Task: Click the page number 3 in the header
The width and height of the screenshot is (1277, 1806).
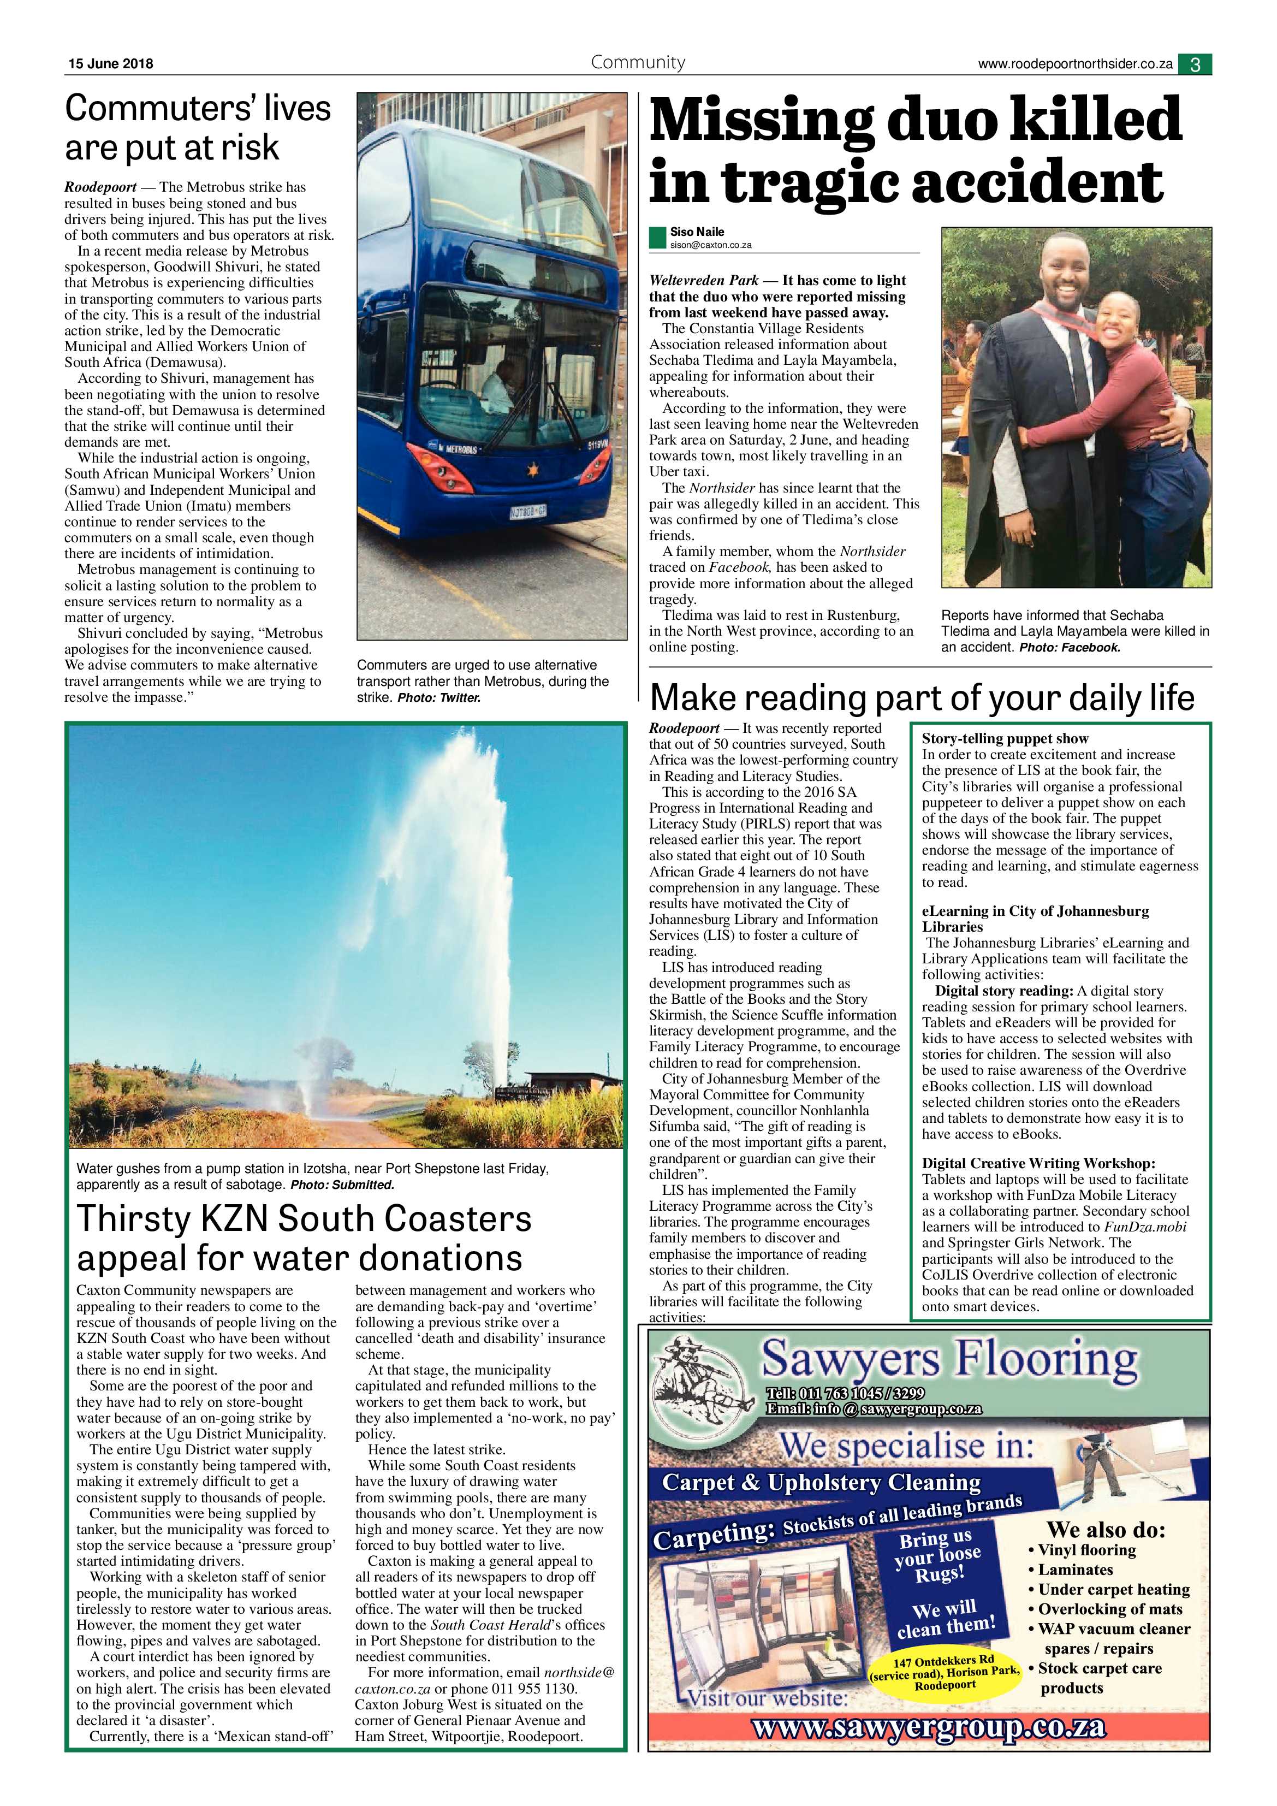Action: [1195, 64]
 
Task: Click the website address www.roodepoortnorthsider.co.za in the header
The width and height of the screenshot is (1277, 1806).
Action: [1075, 64]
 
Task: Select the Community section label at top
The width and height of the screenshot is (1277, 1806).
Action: [638, 62]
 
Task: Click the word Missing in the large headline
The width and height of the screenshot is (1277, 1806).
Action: [761, 120]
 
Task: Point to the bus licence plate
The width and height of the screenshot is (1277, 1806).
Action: [527, 513]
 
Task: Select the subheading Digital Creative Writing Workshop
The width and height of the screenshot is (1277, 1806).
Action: [1038, 1163]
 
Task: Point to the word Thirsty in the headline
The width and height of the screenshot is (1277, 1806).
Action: [130, 1220]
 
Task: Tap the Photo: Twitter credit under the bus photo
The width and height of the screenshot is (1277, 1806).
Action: [439, 698]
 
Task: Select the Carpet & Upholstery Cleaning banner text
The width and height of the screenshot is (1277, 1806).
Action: [822, 1483]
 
